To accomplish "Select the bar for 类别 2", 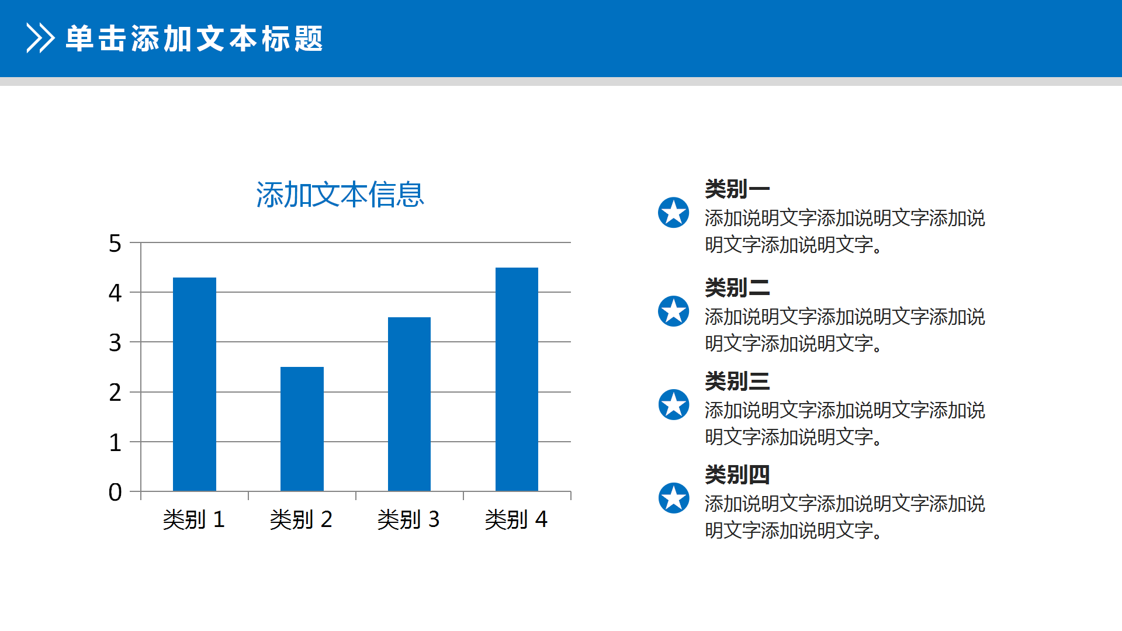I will click(302, 429).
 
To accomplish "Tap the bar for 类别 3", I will click(409, 404).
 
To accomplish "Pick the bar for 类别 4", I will click(517, 379).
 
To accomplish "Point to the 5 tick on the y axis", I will click(115, 244).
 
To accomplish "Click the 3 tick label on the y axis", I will click(115, 343).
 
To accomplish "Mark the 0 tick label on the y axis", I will click(115, 493).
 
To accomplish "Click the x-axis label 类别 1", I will click(194, 519).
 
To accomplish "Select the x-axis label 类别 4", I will click(516, 519).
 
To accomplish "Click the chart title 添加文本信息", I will click(340, 195).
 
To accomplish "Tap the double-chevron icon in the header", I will click(40, 39).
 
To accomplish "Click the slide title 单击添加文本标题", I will click(195, 39).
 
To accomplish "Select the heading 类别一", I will click(737, 189).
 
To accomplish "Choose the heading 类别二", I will click(737, 288).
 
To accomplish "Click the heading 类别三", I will click(737, 382).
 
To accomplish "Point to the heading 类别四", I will click(737, 475).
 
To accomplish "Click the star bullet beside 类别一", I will click(674, 213).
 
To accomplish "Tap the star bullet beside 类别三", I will click(674, 405).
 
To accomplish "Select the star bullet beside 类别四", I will click(674, 498).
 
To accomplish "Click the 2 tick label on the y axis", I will click(115, 393).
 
